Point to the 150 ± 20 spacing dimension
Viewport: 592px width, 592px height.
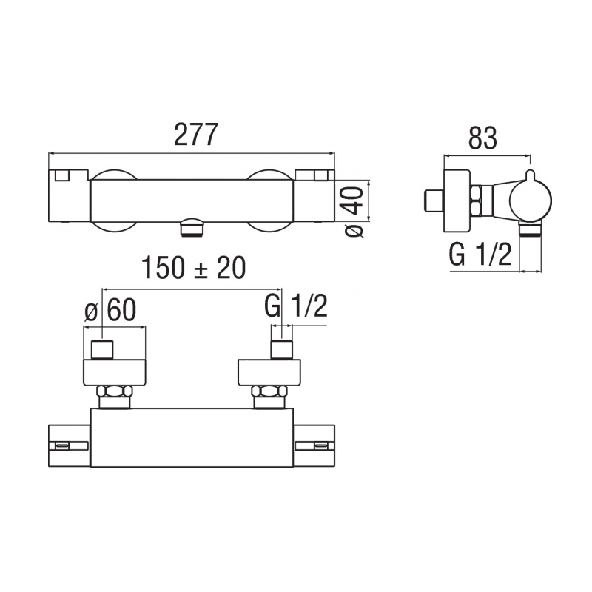coord(193,268)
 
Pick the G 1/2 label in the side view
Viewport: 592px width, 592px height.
coord(480,255)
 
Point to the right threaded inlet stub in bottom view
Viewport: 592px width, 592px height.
coord(280,349)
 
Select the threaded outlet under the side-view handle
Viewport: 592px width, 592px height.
coord(528,231)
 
